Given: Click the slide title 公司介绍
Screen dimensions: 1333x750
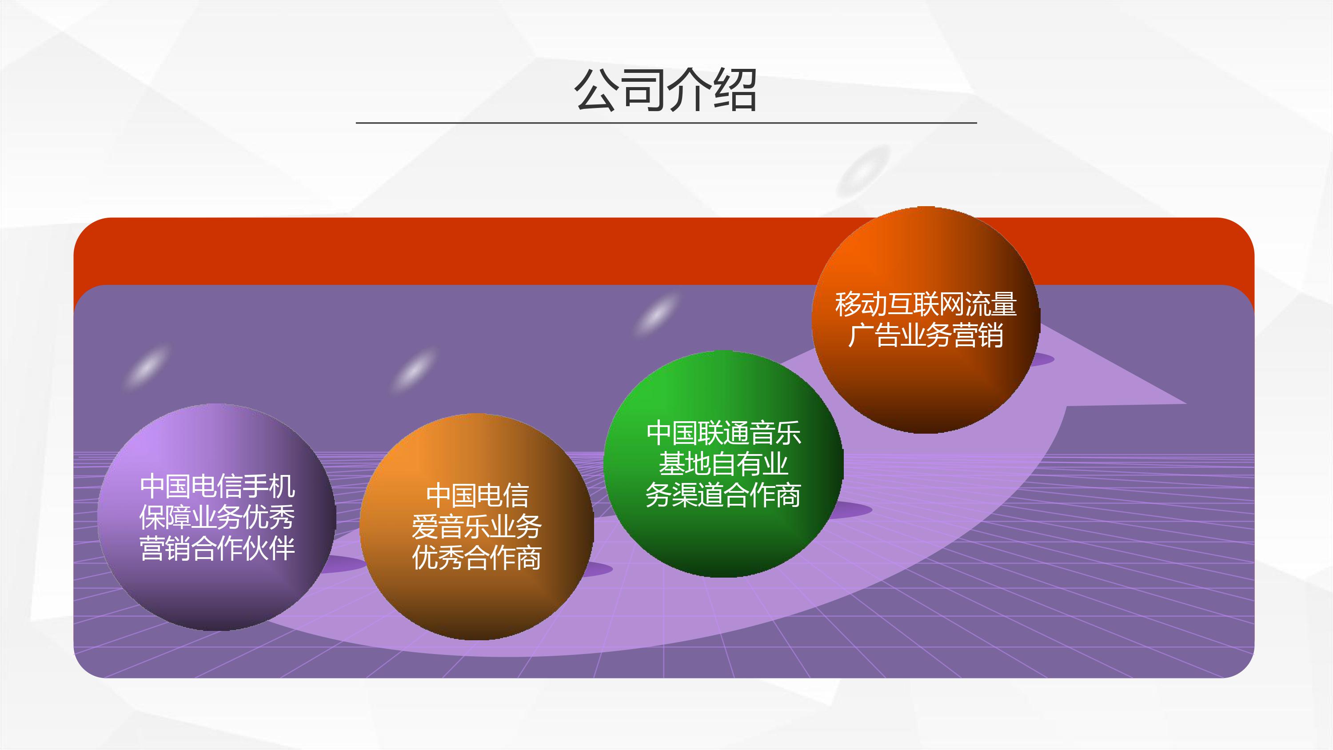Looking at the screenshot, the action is coord(666,90).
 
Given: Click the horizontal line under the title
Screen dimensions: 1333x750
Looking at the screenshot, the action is coord(666,123).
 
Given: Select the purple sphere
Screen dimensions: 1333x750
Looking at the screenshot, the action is coord(217,517).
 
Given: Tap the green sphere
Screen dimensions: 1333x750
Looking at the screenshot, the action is coord(723,464).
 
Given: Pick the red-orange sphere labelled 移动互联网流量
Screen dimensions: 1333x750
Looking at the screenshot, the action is coord(926,320).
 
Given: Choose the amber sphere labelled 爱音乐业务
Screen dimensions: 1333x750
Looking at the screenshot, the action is coord(477,527).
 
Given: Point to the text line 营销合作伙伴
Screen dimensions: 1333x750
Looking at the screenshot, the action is coord(217,548).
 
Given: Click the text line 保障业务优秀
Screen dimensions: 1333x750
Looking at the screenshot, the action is coord(217,517).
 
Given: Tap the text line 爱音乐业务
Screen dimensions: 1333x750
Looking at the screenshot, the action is coord(477,527).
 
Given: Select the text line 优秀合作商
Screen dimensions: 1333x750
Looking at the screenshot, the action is coord(477,558).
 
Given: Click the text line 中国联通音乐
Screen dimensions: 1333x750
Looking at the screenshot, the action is coord(723,433).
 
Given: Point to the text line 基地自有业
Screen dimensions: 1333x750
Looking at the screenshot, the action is coord(723,464).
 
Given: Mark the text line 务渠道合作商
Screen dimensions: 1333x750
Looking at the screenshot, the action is coord(723,495).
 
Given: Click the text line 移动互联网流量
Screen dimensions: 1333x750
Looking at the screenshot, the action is coord(926,304).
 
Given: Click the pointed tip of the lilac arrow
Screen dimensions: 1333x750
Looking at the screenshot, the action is coord(1186,403).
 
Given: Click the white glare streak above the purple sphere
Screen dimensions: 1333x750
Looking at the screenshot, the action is coord(148,367).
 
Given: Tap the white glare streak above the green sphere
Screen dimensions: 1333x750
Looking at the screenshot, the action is coord(656,314).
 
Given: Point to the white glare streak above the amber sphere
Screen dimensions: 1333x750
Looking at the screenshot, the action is coord(414,370).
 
